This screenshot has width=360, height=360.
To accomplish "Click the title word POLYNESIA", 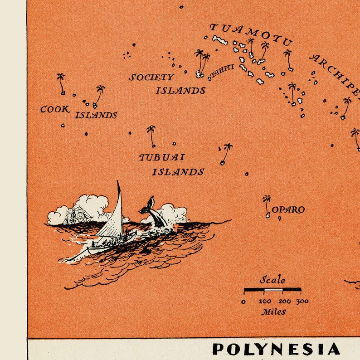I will pyautogui.click(x=276, y=349).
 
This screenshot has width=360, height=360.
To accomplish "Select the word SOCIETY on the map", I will pyautogui.click(x=151, y=78).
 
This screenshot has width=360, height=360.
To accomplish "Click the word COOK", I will pyautogui.click(x=55, y=109).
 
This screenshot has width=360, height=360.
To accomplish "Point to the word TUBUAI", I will pyautogui.click(x=161, y=157).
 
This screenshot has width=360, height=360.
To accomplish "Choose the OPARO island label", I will pyautogui.click(x=288, y=210).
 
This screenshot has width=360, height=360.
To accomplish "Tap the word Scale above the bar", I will pyautogui.click(x=272, y=280).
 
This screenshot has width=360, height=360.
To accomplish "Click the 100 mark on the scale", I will pyautogui.click(x=265, y=301).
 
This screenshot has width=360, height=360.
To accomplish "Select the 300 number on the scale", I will pyautogui.click(x=302, y=301).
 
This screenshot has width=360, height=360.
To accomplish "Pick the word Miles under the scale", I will pyautogui.click(x=273, y=312).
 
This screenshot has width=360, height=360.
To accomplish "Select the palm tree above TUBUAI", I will pyautogui.click(x=151, y=135).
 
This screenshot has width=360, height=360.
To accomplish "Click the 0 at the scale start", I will pyautogui.click(x=244, y=302).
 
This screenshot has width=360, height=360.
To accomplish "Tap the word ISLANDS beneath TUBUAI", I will pyautogui.click(x=178, y=172).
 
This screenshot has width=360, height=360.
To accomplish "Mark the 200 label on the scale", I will pyautogui.click(x=285, y=301).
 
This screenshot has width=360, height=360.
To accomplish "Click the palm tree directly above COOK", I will pyautogui.click(x=61, y=83).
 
